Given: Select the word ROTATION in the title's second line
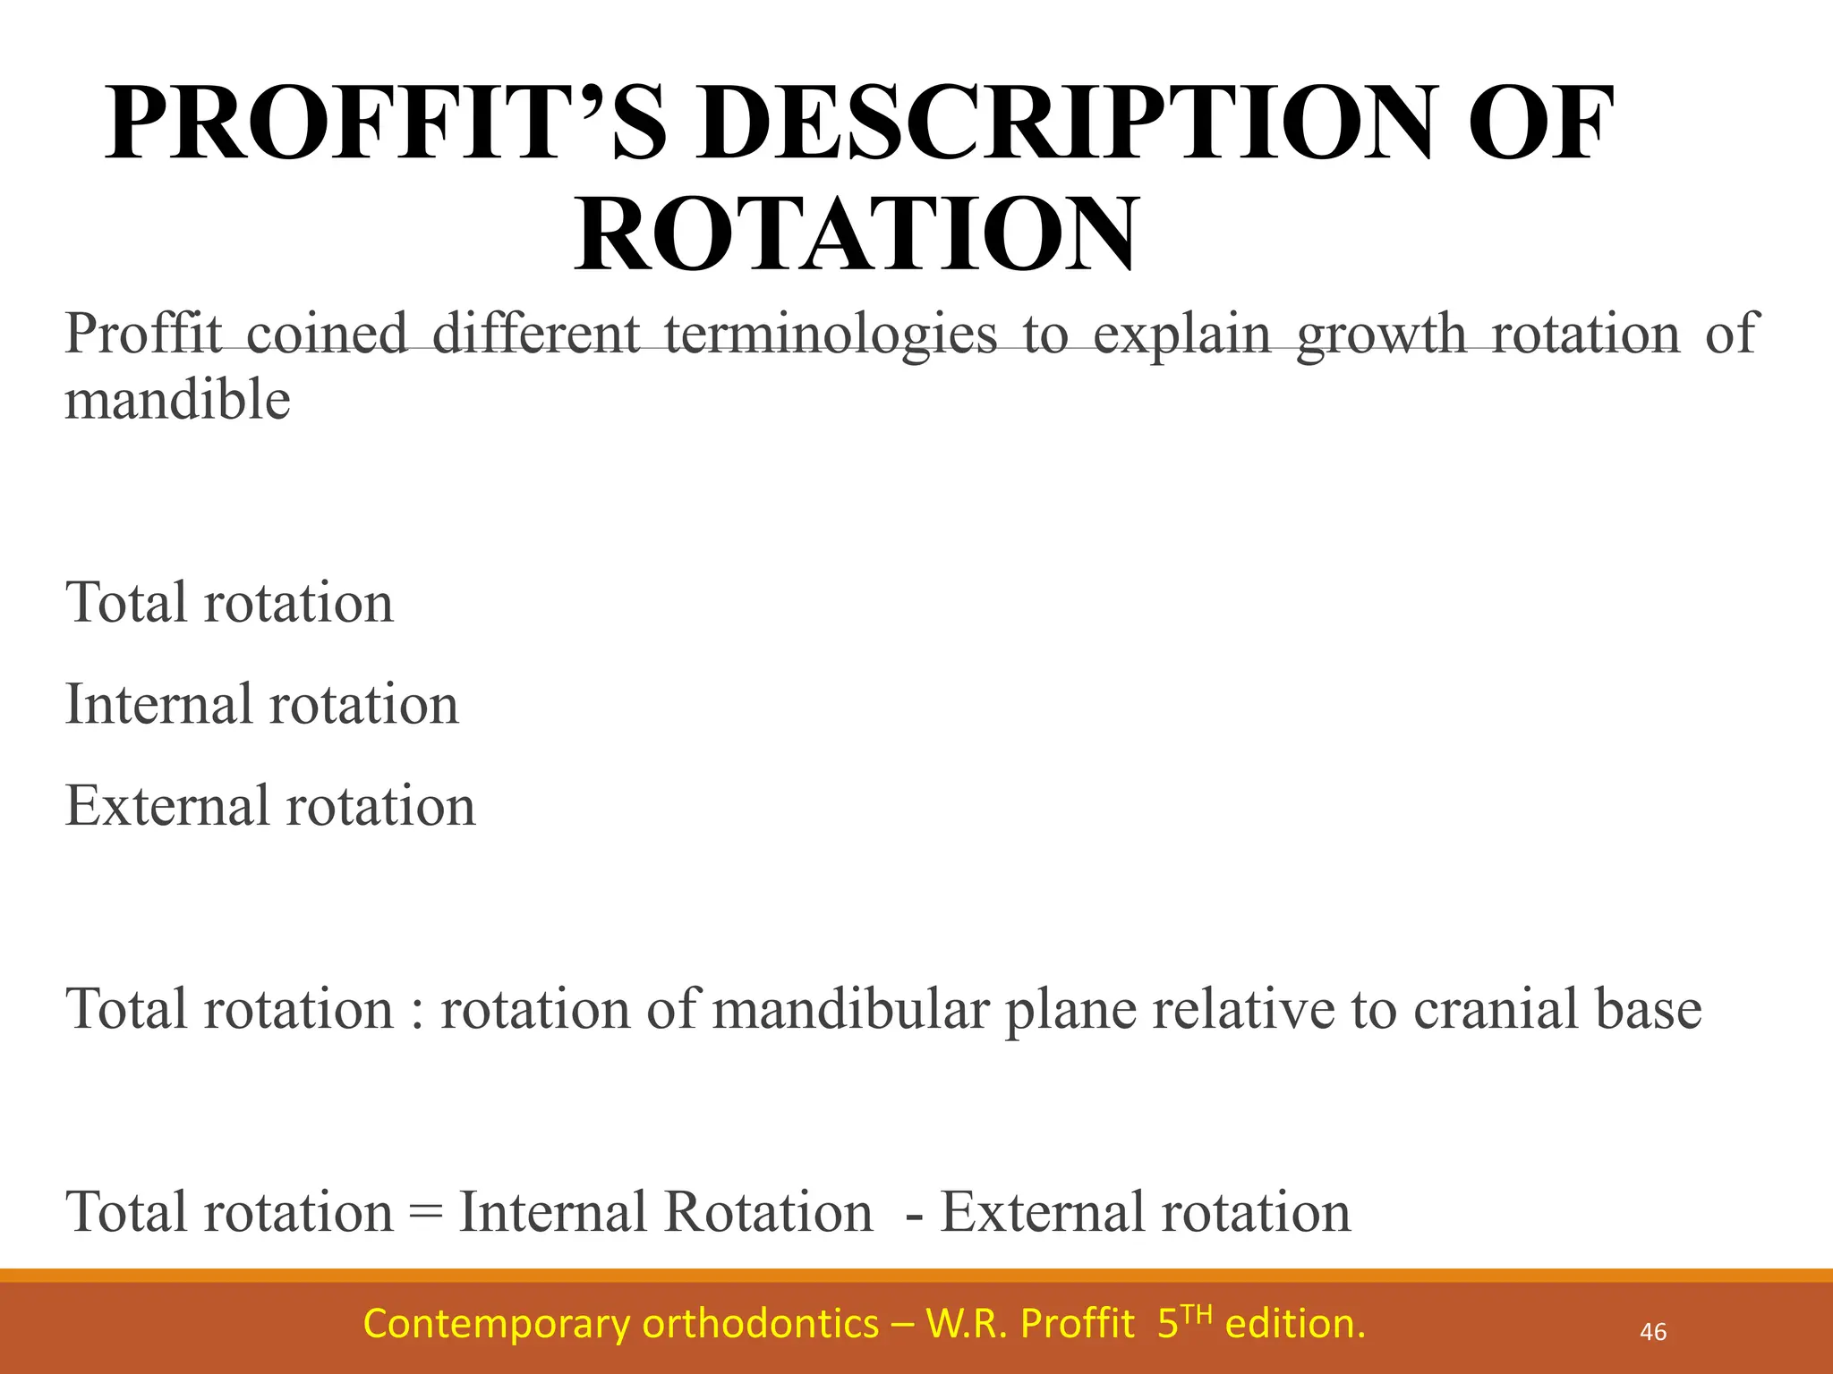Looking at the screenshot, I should coord(857,234).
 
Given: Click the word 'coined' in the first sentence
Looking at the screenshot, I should coord(327,334).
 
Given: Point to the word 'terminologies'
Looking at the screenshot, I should coord(831,335).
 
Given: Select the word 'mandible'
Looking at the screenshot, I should coord(177,399).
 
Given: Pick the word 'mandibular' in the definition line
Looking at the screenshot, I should coord(851,1009).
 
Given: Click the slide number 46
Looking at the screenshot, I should coord(1652,1332).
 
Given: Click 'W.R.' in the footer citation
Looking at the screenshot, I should coord(966,1324).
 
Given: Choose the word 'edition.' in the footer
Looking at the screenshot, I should coord(1295,1324).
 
